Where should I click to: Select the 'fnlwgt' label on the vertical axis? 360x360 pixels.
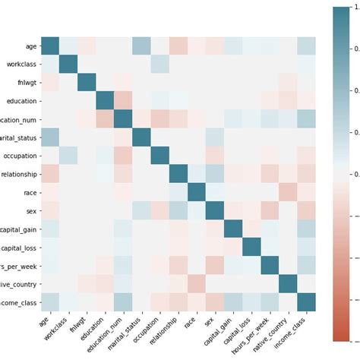(26, 84)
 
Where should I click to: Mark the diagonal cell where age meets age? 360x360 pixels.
(49, 46)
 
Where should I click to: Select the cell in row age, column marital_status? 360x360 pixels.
(141, 46)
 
